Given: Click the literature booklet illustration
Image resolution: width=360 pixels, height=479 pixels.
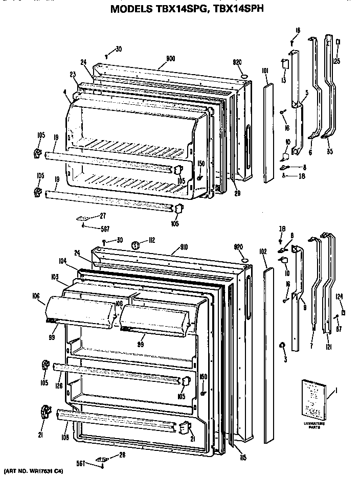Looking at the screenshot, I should point(310,396).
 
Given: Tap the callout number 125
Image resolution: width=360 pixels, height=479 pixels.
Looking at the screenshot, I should point(336,61).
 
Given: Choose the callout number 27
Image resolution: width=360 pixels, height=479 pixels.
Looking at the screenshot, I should point(102,215).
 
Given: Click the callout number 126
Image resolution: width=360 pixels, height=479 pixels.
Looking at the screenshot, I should point(59,385).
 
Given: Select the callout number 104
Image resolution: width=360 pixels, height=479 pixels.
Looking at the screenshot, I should point(63,260).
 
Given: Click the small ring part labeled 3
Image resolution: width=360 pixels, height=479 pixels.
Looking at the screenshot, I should point(281,347).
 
